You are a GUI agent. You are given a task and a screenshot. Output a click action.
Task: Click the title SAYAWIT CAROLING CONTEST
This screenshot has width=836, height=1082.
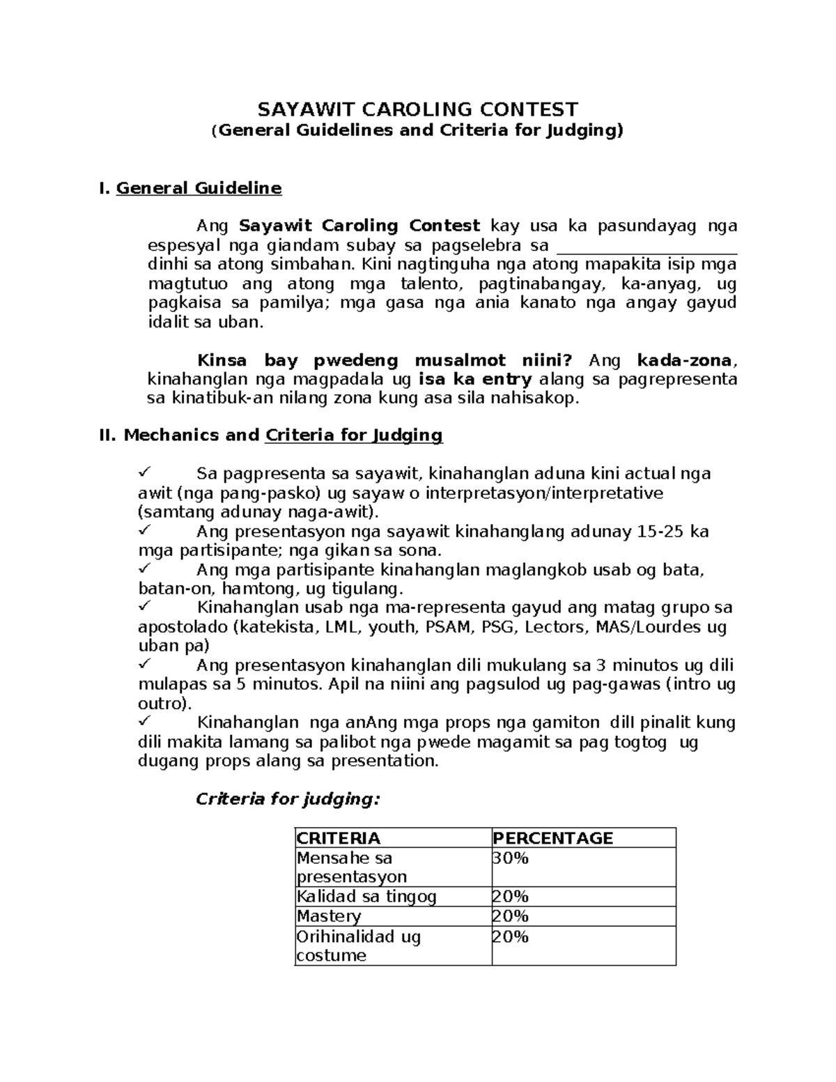(418, 109)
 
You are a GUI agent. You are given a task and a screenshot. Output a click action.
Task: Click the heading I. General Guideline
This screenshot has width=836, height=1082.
(191, 188)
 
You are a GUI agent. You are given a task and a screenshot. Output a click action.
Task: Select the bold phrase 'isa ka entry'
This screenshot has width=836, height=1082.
(475, 380)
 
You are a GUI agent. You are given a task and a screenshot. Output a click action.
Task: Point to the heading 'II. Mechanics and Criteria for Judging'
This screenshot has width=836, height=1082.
(272, 435)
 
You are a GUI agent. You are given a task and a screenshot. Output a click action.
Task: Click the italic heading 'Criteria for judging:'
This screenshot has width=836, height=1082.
(288, 799)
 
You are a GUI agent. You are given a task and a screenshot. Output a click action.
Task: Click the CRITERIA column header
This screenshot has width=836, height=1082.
(339, 838)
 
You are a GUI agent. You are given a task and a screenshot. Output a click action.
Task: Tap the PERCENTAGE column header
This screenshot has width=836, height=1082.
(553, 838)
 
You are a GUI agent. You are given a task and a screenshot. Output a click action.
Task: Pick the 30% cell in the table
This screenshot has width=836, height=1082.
(511, 858)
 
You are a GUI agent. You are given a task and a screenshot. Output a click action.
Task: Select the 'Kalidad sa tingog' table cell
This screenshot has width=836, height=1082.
(366, 897)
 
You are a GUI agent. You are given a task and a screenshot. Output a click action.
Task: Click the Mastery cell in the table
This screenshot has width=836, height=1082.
(329, 916)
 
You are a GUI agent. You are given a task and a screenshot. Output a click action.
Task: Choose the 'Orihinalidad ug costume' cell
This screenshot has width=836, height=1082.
(359, 945)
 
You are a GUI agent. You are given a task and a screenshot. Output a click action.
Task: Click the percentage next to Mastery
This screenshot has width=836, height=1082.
(511, 916)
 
